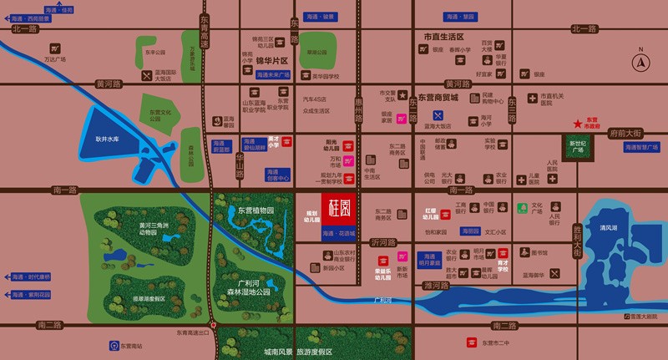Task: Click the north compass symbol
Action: (642, 61)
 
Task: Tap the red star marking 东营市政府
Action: (577, 124)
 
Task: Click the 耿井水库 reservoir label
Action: (109, 139)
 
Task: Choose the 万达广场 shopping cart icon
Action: (55, 48)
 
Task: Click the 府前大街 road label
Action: (625, 132)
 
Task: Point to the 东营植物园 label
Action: (256, 210)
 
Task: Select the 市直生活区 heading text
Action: (443, 37)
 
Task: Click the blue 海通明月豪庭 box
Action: (428, 260)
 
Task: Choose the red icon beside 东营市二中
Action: (471, 343)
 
